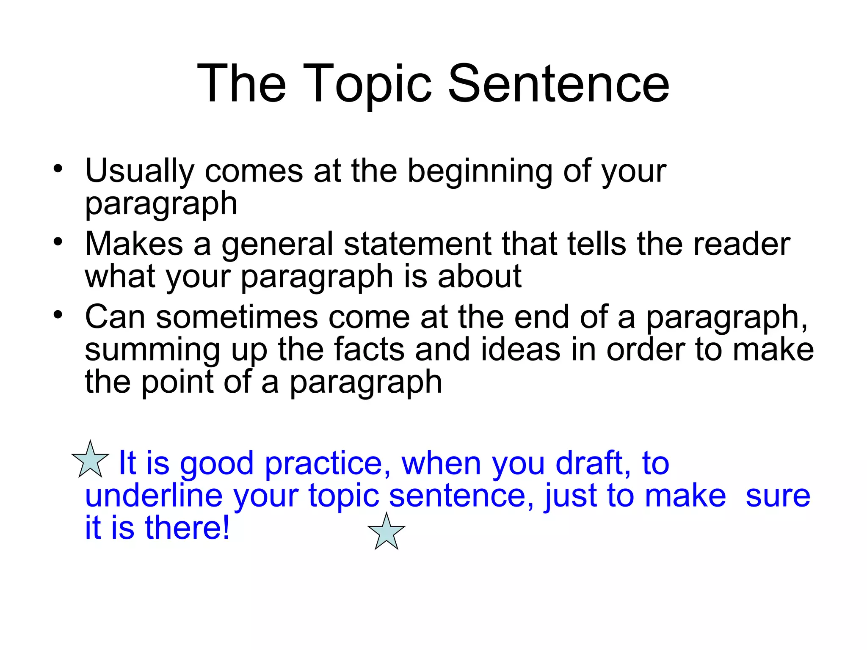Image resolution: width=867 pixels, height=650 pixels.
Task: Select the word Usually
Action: click(x=139, y=172)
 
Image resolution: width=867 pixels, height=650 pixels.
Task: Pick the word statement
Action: click(x=417, y=244)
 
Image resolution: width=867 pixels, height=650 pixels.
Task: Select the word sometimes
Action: click(x=237, y=317)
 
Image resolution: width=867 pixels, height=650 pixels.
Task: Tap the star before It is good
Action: click(x=90, y=460)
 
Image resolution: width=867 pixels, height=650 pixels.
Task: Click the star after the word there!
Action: click(x=387, y=532)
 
